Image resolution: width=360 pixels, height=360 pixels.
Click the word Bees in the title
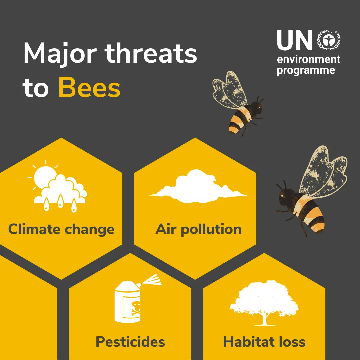pyautogui.click(x=89, y=88)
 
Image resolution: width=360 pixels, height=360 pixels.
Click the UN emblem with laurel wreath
pyautogui.click(x=329, y=40)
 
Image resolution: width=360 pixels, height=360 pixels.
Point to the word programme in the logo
pyautogui.click(x=306, y=71)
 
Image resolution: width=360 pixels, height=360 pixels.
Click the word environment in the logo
pyautogui.click(x=309, y=60)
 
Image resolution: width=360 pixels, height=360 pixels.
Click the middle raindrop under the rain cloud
pyautogui.click(x=61, y=202)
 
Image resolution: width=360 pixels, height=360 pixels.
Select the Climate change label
pyautogui.click(x=61, y=229)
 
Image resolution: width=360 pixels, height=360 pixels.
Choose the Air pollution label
pyautogui.click(x=198, y=229)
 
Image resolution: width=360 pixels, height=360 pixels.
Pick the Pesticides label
pyautogui.click(x=130, y=342)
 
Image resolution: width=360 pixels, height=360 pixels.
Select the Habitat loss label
pyautogui.click(x=264, y=342)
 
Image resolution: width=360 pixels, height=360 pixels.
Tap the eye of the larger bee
pyautogui.click(x=282, y=196)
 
